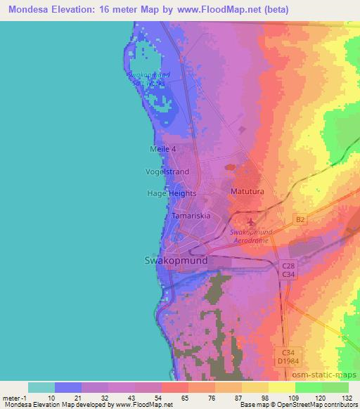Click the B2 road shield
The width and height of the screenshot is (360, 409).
[300, 220]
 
